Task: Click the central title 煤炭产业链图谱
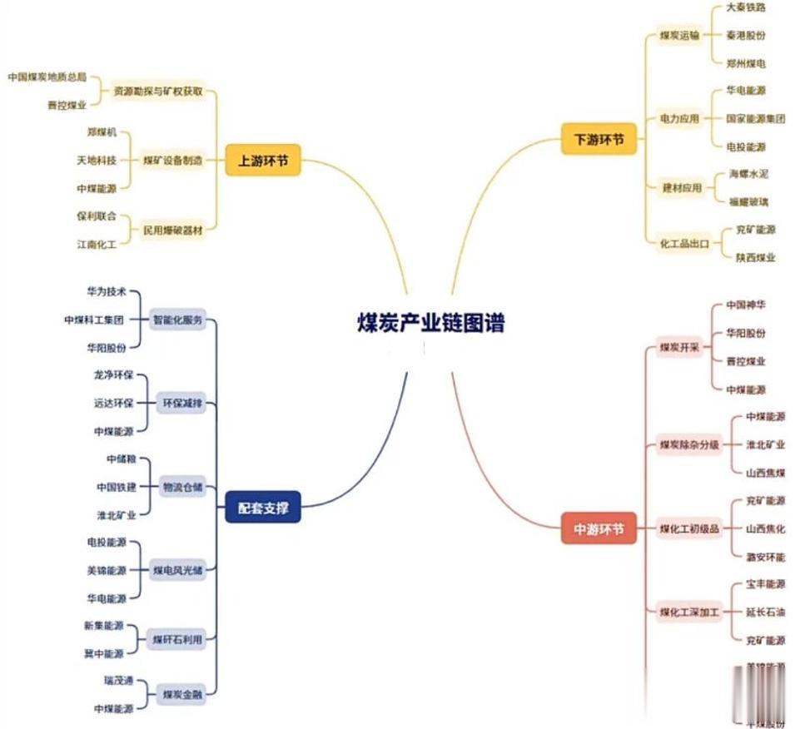tap(430, 323)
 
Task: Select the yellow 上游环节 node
tap(263, 161)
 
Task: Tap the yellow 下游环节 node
tap(599, 140)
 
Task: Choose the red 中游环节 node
tap(599, 529)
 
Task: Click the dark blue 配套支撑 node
tap(263, 508)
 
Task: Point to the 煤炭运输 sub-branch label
tap(679, 36)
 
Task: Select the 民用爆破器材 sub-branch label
tap(172, 228)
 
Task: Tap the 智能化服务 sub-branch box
tap(176, 320)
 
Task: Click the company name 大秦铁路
tap(745, 7)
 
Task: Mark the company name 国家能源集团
tap(755, 119)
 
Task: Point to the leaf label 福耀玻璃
tap(748, 202)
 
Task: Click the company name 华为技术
tap(107, 292)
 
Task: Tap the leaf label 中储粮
tap(120, 459)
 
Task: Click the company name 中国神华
tap(746, 305)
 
